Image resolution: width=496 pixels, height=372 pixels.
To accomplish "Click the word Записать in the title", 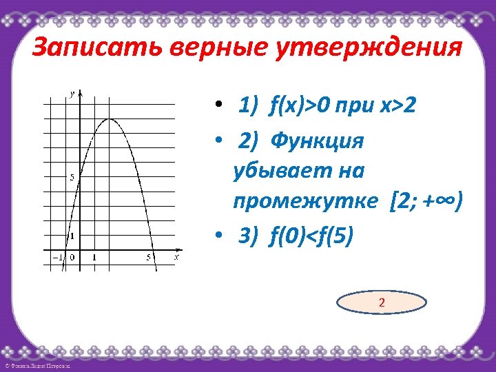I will (86, 50).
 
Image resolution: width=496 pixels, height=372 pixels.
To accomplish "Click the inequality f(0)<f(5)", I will (313, 236).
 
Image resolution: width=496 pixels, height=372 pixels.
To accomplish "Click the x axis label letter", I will (177, 257).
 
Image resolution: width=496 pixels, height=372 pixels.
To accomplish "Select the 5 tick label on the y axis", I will (72, 177).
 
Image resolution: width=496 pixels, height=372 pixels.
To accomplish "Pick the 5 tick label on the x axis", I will (148, 258).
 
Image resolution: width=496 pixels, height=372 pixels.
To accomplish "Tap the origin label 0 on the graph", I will (72, 258).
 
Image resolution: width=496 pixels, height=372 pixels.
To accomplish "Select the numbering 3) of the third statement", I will (247, 236).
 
